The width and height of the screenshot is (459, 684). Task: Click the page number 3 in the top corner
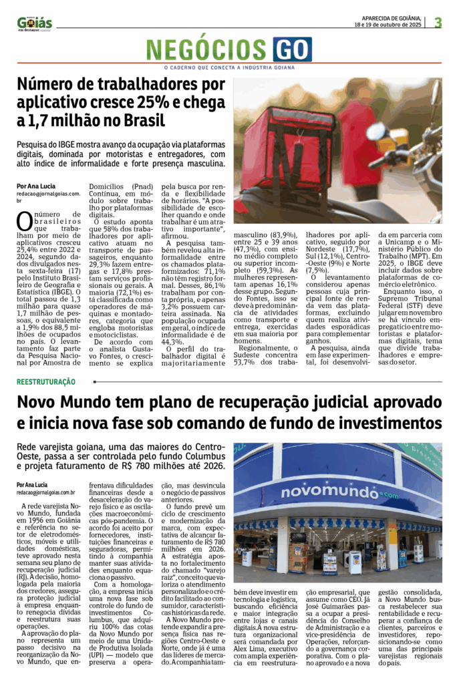click(438, 22)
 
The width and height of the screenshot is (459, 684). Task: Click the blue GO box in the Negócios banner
click(291, 50)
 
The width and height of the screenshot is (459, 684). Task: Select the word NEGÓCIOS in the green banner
click(208, 50)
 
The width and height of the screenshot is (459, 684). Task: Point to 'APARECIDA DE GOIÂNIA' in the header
click(392, 18)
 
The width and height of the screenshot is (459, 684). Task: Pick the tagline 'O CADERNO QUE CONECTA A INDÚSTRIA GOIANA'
click(229, 67)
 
